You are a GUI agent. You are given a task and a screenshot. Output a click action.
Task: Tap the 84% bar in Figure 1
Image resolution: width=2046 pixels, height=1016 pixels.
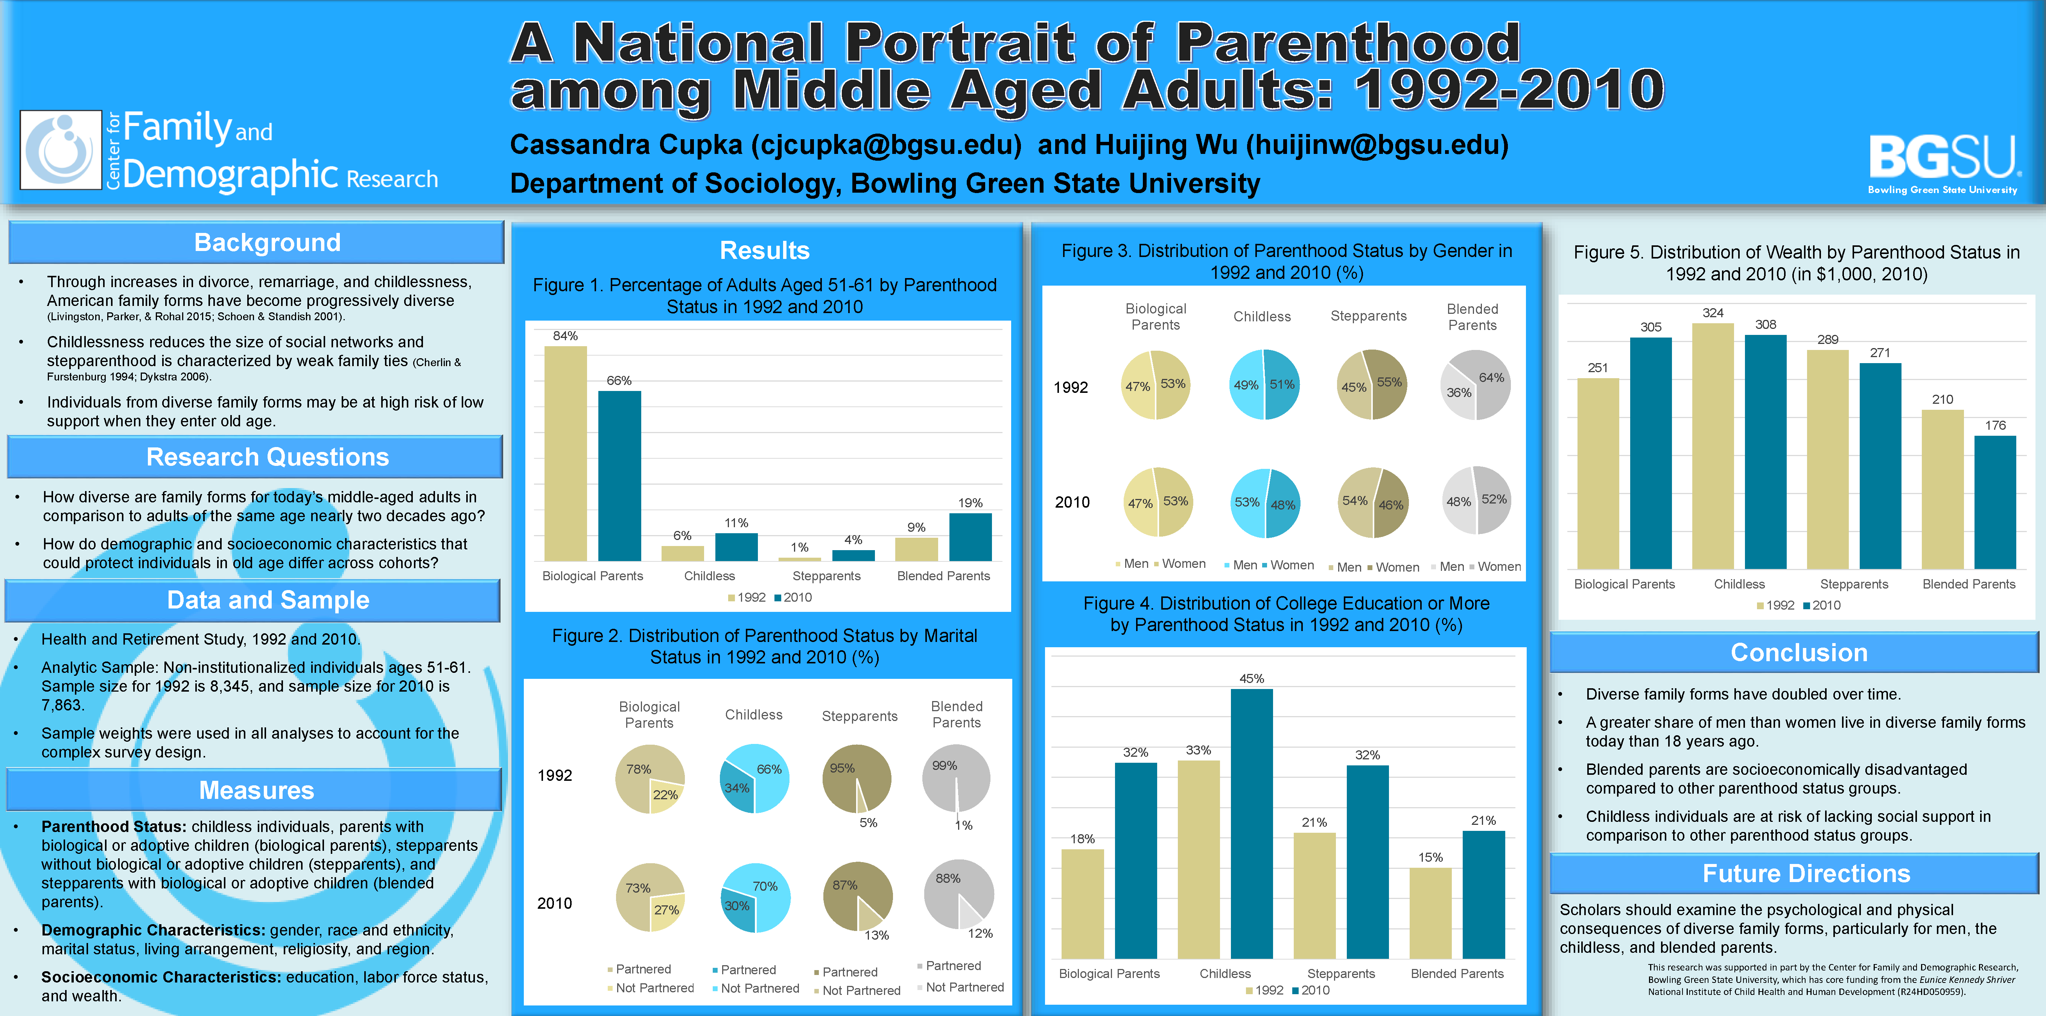click(566, 453)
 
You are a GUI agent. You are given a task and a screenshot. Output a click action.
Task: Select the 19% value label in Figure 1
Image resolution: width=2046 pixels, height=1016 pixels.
click(970, 503)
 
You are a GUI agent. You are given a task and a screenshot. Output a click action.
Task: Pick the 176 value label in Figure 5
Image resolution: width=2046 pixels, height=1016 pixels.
click(1995, 425)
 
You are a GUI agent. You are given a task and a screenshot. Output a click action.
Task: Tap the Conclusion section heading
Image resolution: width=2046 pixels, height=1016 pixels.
click(1799, 652)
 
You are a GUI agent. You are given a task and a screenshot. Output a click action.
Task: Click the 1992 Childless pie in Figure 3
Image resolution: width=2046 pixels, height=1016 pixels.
click(1264, 385)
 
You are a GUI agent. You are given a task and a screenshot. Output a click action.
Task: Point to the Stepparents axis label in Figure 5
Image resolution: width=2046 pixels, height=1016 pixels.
click(1854, 584)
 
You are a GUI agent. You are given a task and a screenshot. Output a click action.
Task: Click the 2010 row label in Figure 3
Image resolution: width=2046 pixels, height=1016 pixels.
click(1072, 502)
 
